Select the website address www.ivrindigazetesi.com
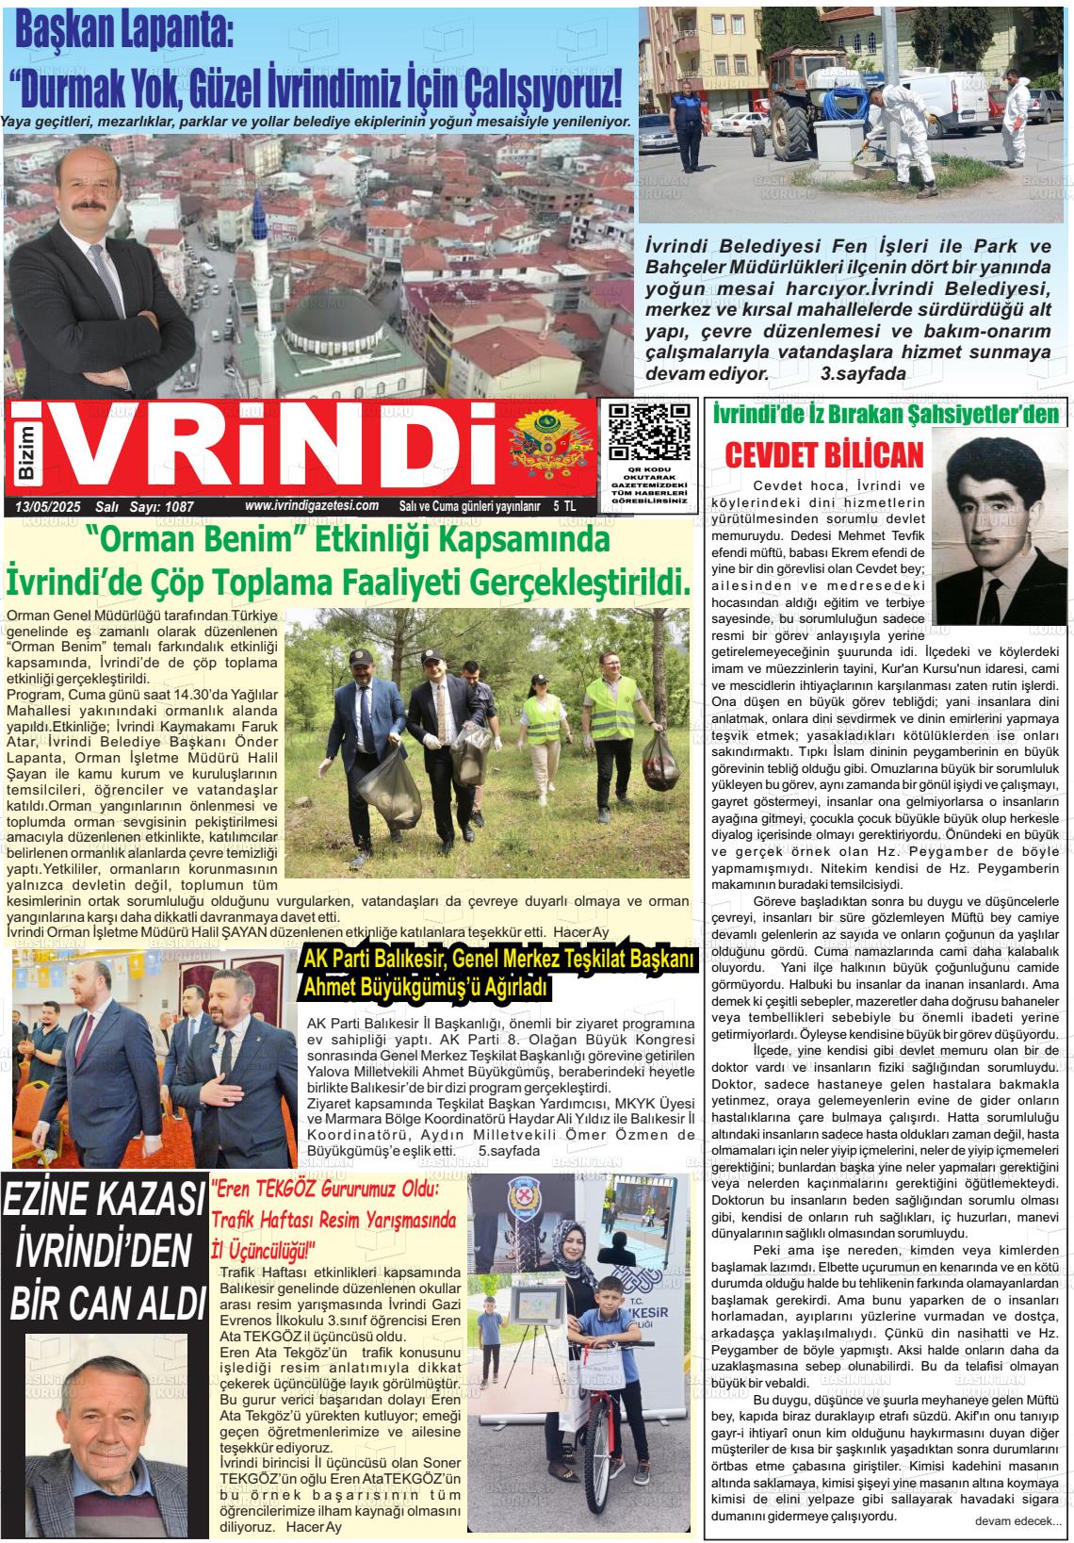(312, 506)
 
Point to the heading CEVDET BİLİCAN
(823, 456)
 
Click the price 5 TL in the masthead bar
(564, 506)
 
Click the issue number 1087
(178, 507)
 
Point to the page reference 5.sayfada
(510, 1151)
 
